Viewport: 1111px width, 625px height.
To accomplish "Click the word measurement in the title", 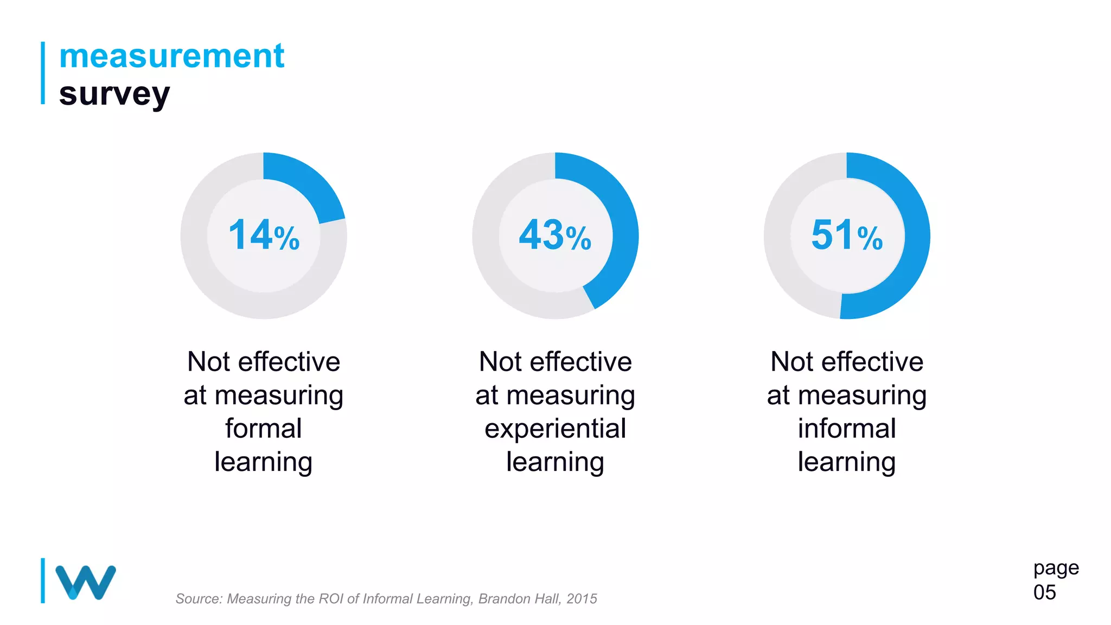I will pyautogui.click(x=171, y=56).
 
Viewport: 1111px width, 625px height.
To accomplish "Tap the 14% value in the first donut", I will pyautogui.click(x=264, y=235).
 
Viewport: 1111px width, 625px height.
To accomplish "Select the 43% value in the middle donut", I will pyautogui.click(x=555, y=235).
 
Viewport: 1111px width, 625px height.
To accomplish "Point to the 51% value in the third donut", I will pyautogui.click(x=847, y=235).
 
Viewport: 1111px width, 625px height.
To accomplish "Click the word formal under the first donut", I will pyautogui.click(x=264, y=429).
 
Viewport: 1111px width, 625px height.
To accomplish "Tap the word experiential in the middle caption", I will pyautogui.click(x=555, y=429).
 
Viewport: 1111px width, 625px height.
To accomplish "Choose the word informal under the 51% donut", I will pyautogui.click(x=847, y=429).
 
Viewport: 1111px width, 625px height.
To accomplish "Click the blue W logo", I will pyautogui.click(x=86, y=582).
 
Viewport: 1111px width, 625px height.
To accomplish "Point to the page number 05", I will pyautogui.click(x=1044, y=592).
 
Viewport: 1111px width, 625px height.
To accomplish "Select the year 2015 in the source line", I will pyautogui.click(x=582, y=599).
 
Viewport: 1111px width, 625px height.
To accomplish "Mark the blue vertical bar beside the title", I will pyautogui.click(x=43, y=73).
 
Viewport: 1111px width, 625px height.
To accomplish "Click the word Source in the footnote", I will pyautogui.click(x=199, y=599).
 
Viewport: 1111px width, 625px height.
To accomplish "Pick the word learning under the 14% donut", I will pyautogui.click(x=264, y=462).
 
